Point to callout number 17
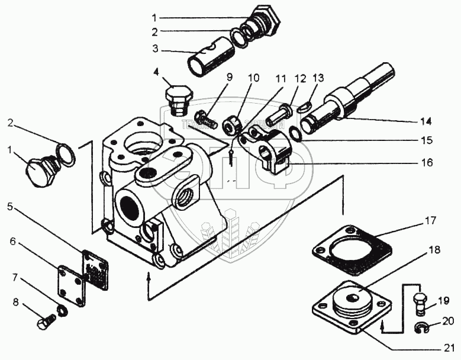430,221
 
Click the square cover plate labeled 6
72,285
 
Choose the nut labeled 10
231,123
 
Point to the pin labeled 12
278,118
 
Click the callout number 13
318,78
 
